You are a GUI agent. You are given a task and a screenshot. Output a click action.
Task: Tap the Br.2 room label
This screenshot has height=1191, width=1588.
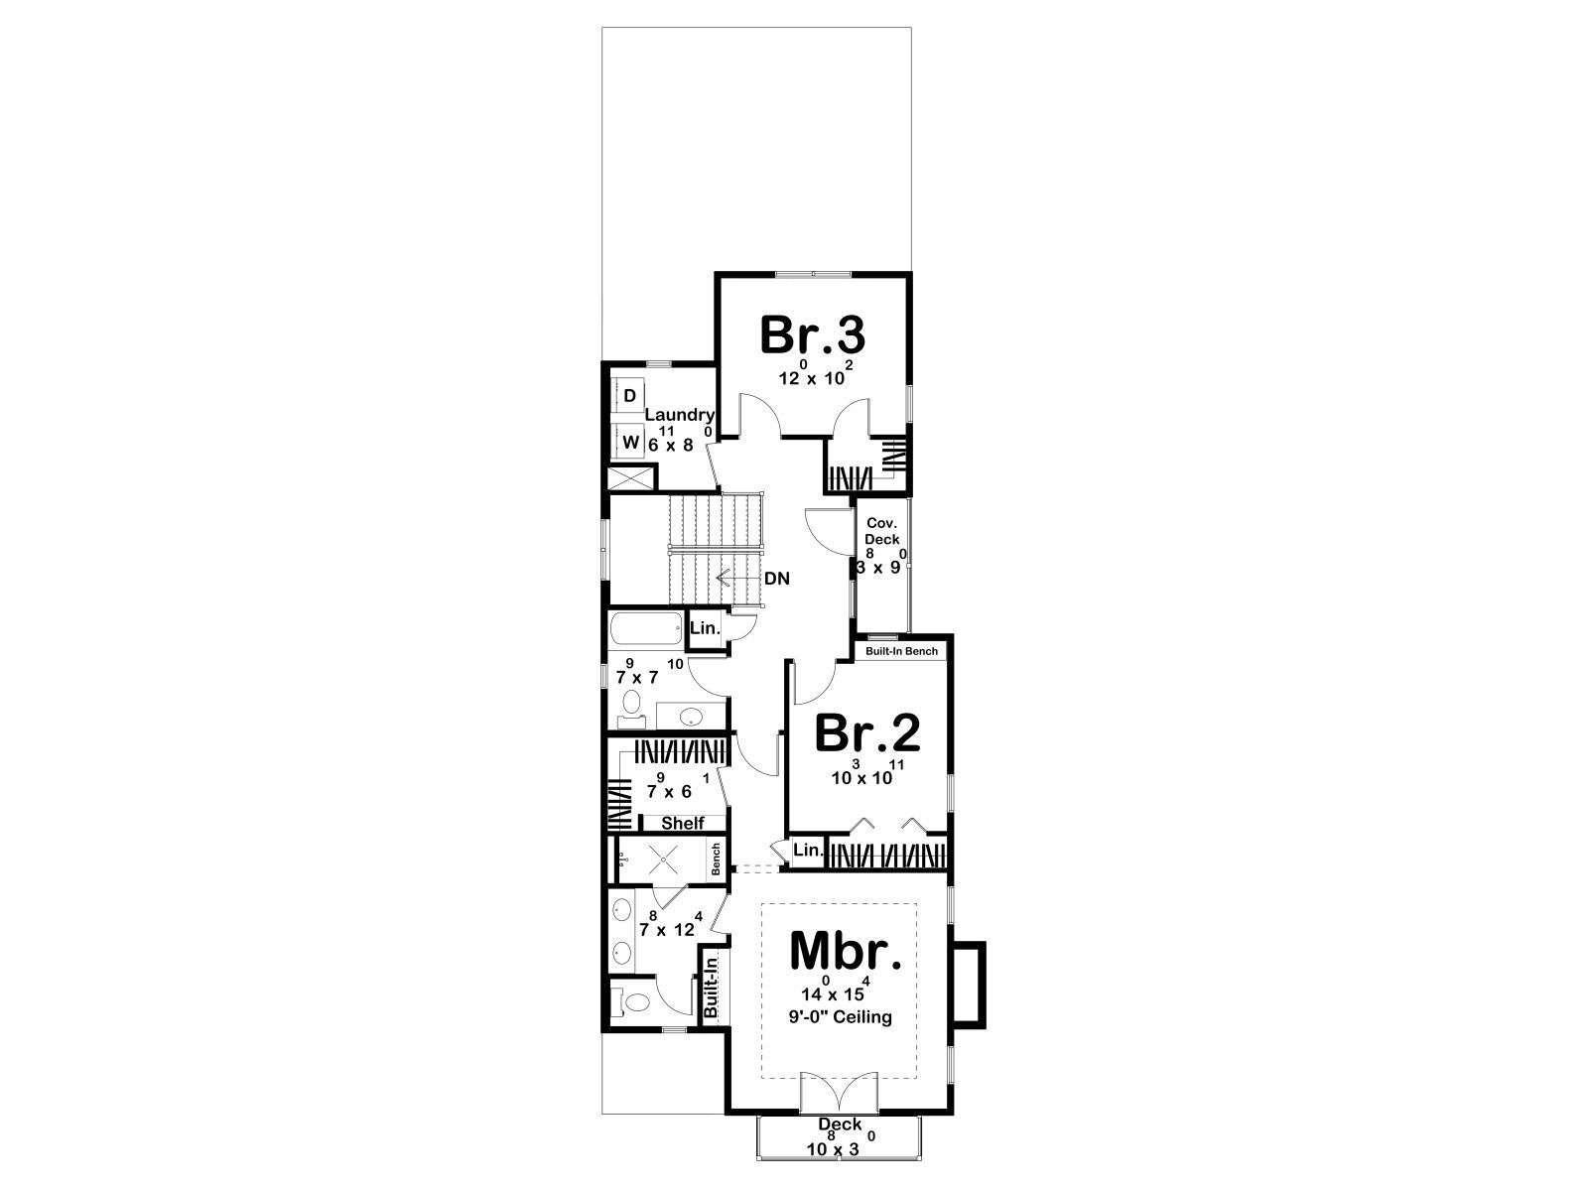coord(867,732)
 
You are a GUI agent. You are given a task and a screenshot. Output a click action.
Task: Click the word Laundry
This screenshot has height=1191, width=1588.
coord(679,416)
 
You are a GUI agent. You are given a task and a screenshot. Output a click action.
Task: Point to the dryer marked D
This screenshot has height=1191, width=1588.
coord(630,396)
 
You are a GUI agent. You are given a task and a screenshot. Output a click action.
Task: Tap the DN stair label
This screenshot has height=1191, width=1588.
coord(777,579)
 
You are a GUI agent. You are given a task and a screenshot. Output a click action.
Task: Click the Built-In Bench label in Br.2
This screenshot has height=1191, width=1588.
coord(901,651)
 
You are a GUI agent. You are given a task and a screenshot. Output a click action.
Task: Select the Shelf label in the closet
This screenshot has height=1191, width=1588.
coord(683,823)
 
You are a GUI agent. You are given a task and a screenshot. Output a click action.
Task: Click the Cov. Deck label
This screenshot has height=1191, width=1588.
coord(882,531)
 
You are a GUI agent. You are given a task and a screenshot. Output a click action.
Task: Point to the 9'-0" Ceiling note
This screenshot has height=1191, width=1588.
coord(840,1017)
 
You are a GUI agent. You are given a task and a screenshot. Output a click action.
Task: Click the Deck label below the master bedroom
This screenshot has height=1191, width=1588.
coord(840,1125)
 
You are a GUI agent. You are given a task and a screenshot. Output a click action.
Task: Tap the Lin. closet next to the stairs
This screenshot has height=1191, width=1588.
coord(705,628)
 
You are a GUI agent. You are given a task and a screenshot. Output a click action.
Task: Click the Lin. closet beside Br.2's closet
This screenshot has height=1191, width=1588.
coord(808,851)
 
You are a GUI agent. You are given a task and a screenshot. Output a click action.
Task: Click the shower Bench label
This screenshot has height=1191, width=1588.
coord(717,860)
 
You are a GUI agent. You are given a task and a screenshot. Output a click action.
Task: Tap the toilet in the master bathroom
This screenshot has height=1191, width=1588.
coord(633,1002)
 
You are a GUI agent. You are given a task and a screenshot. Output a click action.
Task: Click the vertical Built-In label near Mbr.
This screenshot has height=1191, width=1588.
coord(712,988)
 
